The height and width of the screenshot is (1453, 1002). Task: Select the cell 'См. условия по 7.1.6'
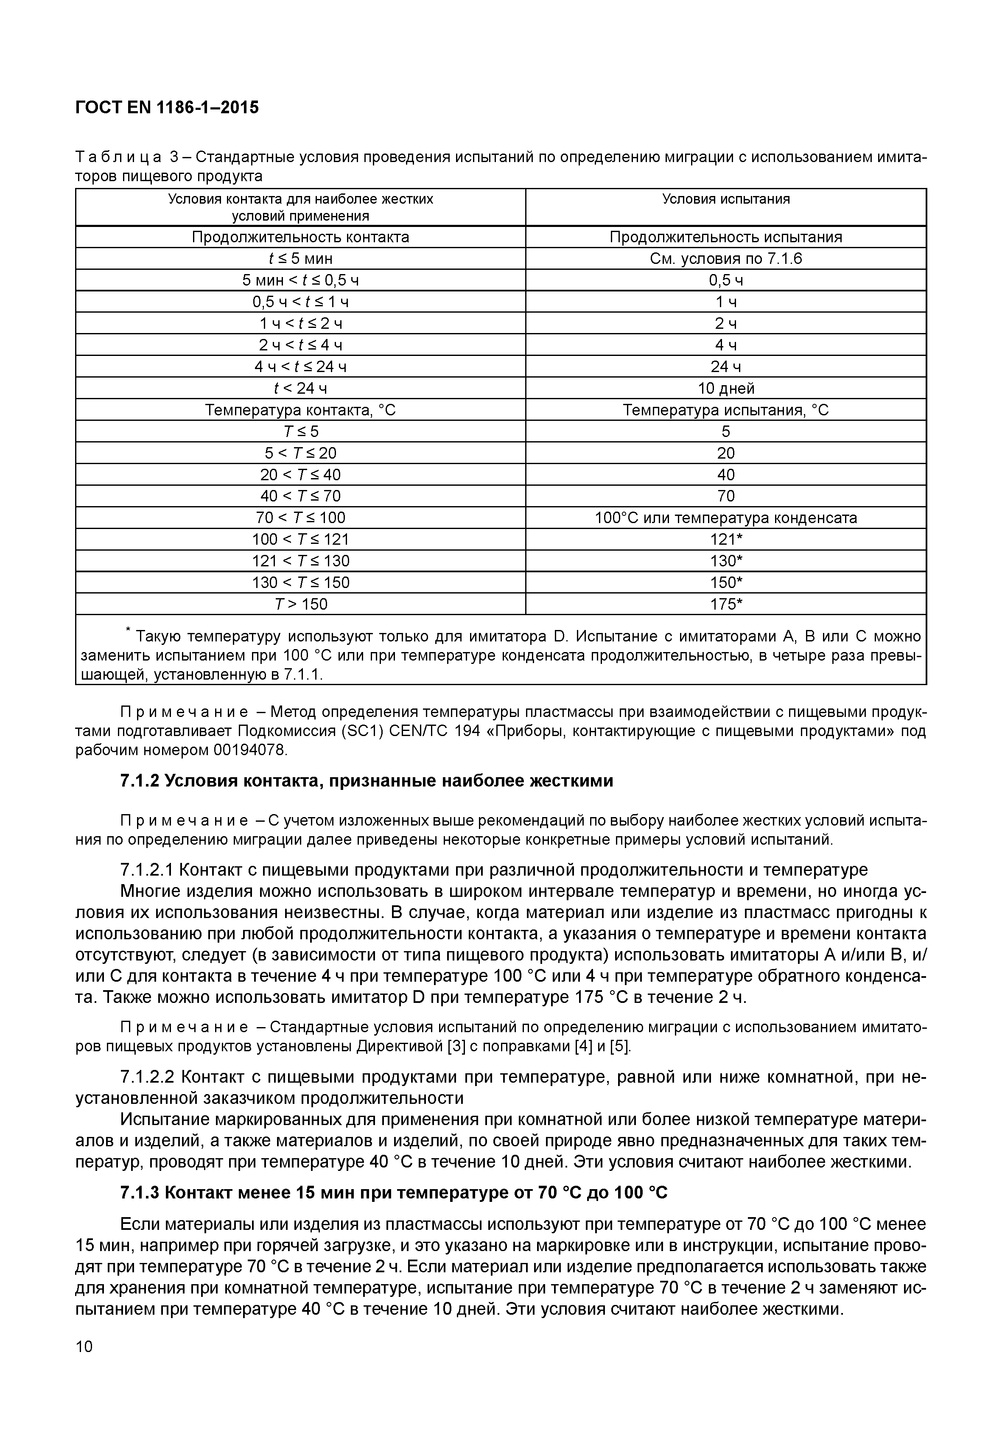(726, 259)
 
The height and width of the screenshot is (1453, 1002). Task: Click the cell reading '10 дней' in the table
(726, 388)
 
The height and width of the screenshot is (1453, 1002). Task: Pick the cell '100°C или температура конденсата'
(726, 518)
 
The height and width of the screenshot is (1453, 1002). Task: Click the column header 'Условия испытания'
(726, 199)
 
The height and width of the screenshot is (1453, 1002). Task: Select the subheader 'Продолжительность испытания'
(726, 237)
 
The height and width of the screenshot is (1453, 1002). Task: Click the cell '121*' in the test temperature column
(726, 539)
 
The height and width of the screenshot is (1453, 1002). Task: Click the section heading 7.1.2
(366, 781)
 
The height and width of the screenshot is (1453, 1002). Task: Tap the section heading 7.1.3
(394, 1192)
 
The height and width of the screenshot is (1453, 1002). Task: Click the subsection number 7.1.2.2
(146, 1077)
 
